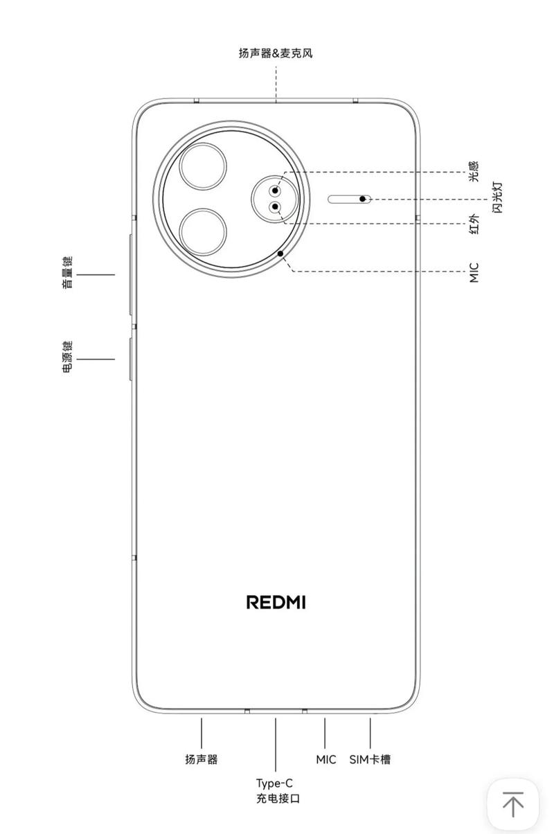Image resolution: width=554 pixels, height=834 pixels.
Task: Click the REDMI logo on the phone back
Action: [x=276, y=602]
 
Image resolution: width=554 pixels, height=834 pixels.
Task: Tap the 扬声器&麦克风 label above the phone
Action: [x=276, y=53]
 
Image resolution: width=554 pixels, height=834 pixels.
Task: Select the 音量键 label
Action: [x=67, y=272]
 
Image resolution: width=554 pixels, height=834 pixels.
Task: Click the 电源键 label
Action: [x=67, y=357]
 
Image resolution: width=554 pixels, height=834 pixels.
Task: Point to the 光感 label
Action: [x=473, y=171]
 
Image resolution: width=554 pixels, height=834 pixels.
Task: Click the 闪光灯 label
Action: [x=497, y=197]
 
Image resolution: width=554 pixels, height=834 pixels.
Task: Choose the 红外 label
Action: [x=473, y=223]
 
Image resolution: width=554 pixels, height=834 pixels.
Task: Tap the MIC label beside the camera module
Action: [x=474, y=272]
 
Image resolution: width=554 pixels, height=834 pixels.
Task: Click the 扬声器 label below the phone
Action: [x=202, y=759]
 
